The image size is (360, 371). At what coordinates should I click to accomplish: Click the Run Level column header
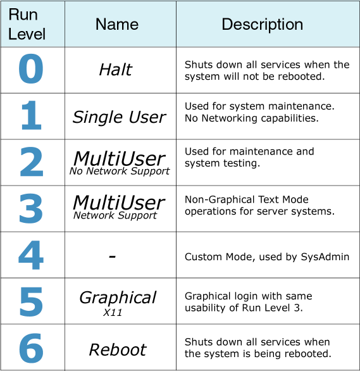click(27, 24)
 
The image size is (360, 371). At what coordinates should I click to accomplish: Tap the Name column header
click(117, 24)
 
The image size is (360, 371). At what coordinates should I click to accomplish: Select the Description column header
click(263, 25)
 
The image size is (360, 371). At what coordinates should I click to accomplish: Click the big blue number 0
click(31, 68)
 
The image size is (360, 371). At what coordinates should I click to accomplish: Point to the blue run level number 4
click(31, 255)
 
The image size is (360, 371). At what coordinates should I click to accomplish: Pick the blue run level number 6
click(31, 348)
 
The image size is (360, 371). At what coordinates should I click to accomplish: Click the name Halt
click(116, 70)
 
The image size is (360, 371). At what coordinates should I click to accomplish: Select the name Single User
click(119, 117)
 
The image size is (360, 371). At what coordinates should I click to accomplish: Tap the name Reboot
click(118, 349)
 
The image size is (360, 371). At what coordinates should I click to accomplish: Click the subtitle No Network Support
click(120, 171)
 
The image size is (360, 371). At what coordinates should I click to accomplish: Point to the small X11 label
click(113, 313)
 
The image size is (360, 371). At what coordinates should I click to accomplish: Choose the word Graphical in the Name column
click(118, 298)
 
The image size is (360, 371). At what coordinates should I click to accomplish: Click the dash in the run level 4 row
click(113, 256)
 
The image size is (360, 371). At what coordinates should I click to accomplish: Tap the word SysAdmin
click(325, 257)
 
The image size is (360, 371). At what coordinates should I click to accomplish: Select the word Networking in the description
click(229, 118)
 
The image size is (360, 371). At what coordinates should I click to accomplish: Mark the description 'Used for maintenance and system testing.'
click(249, 158)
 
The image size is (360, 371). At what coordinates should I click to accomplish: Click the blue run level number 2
click(32, 161)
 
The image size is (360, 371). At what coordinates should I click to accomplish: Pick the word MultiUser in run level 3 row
click(119, 203)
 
